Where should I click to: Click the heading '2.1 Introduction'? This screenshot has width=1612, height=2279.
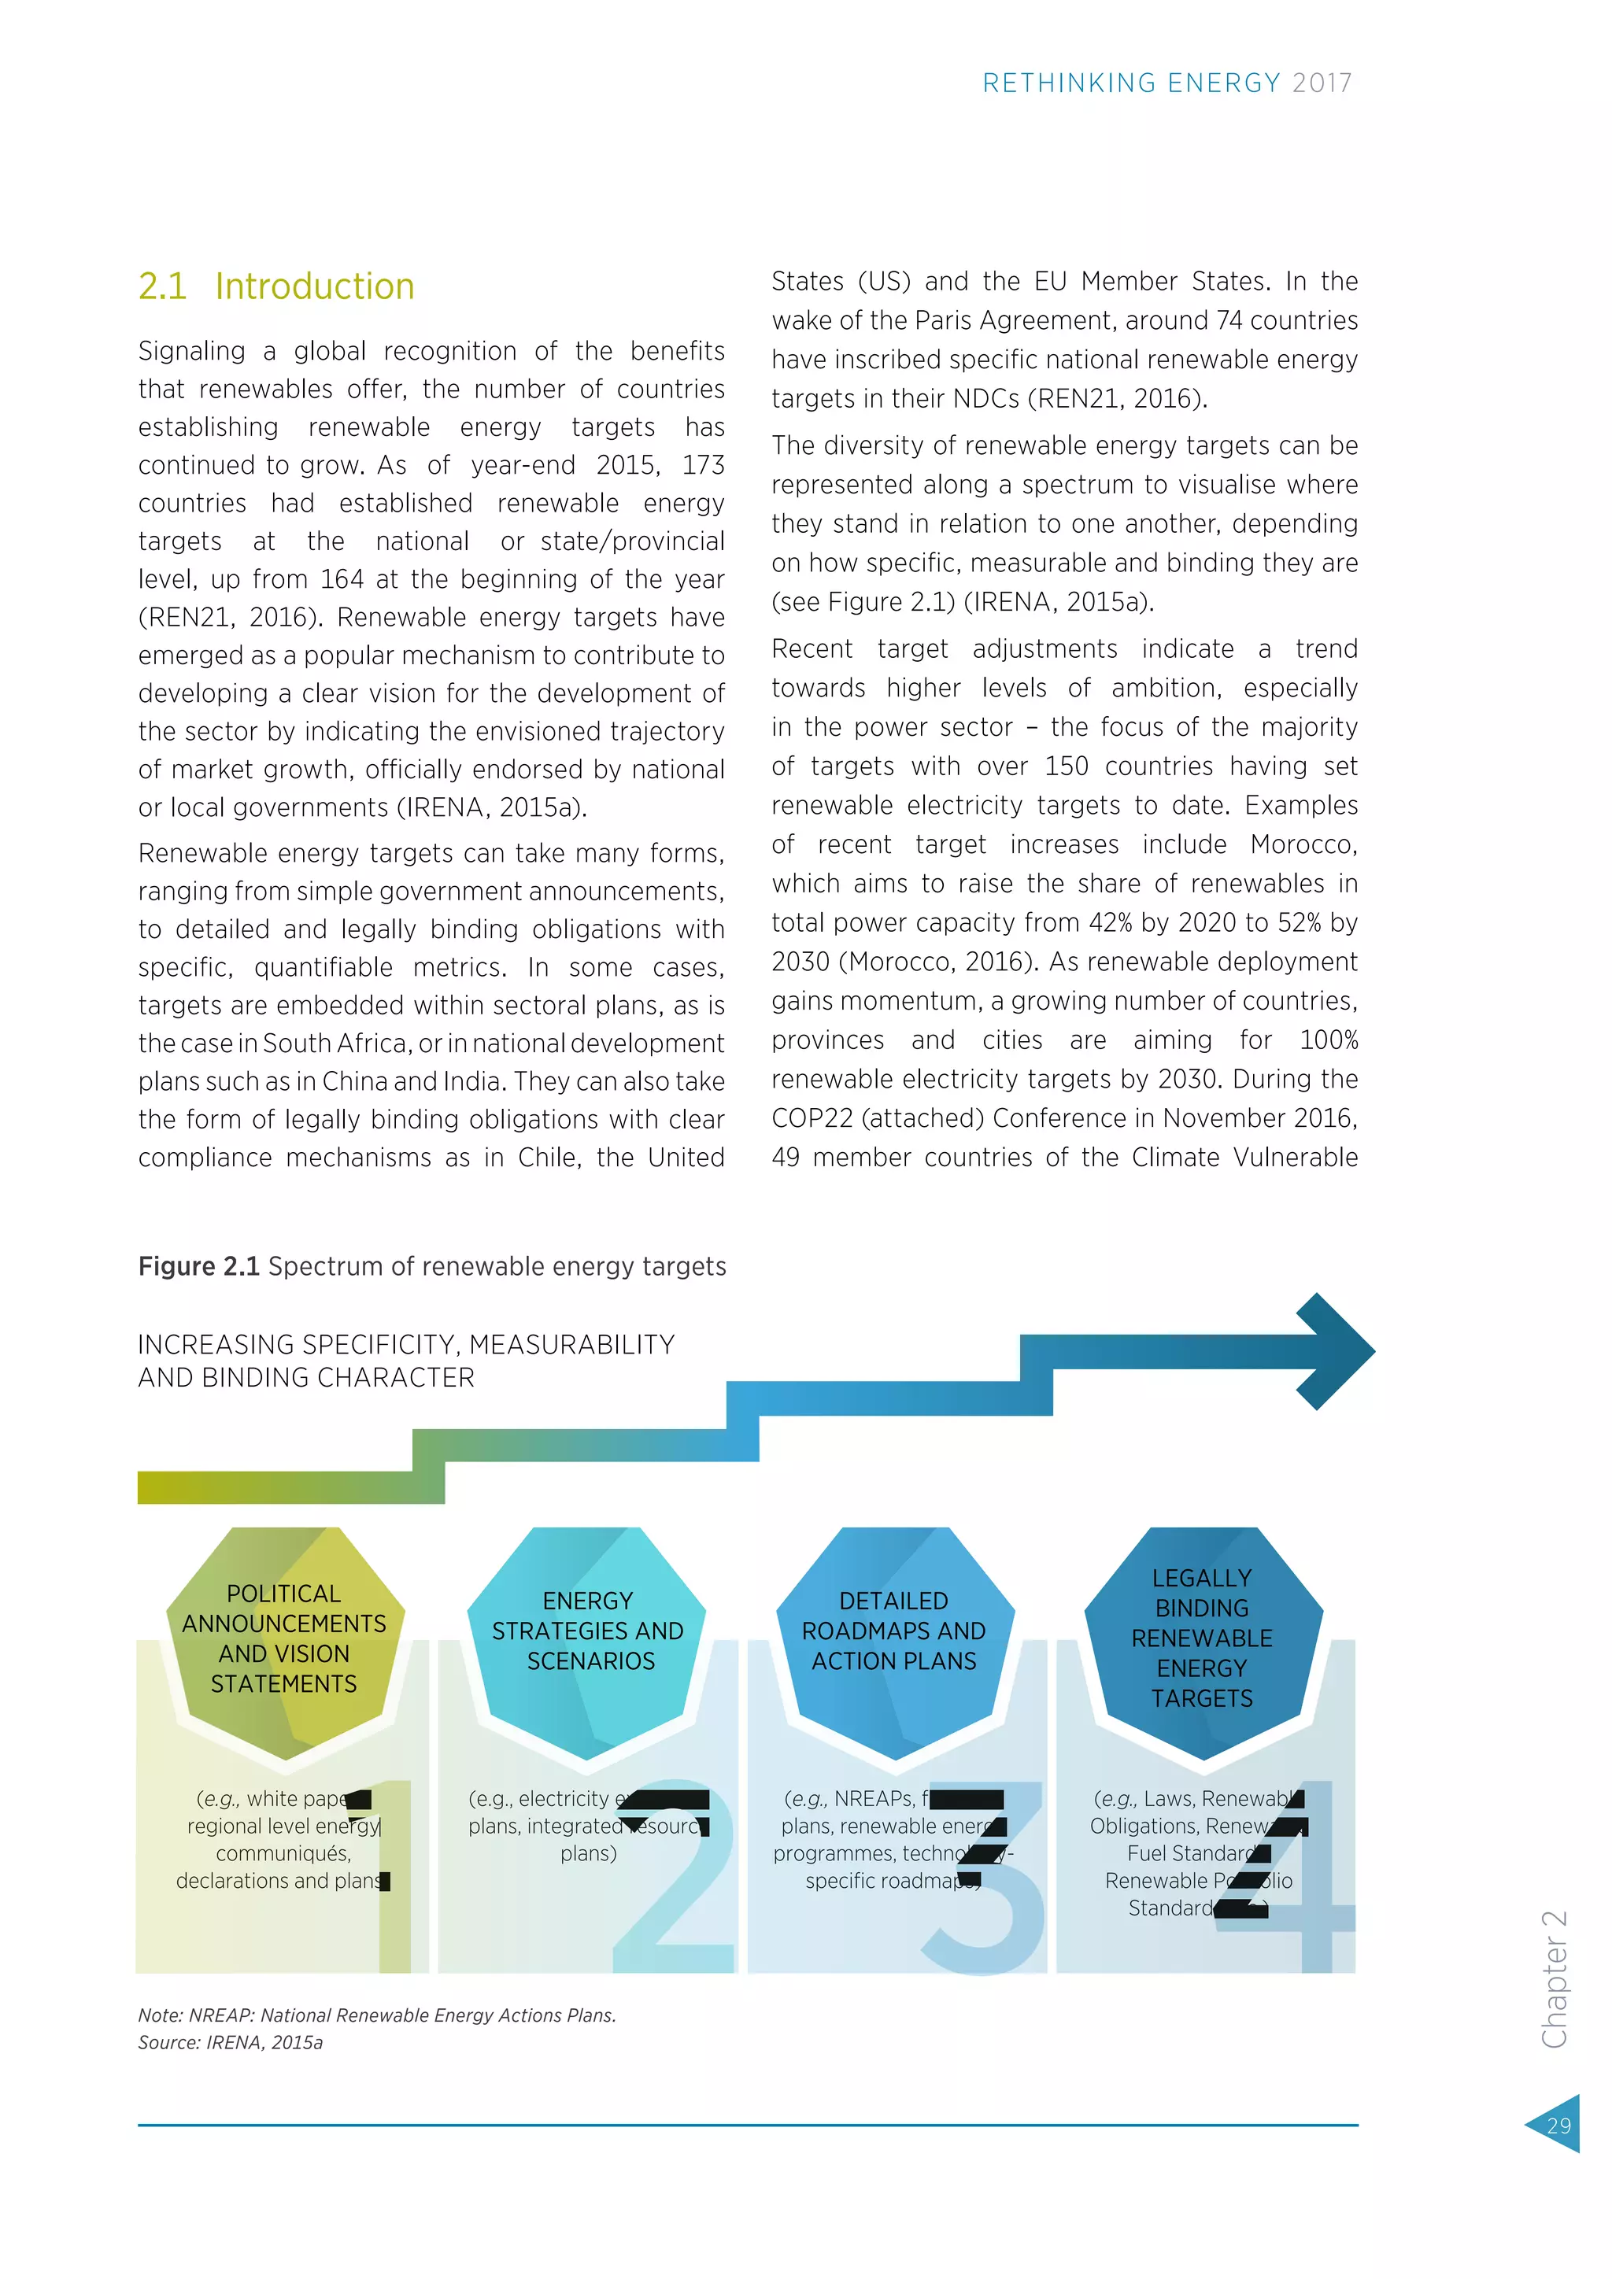pyautogui.click(x=276, y=287)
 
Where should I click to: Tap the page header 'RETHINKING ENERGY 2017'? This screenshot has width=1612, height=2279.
pyautogui.click(x=1166, y=83)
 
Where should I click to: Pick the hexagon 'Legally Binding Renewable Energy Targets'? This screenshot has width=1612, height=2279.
pyautogui.click(x=1202, y=1638)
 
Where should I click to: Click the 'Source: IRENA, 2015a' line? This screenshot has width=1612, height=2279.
pyautogui.click(x=231, y=2043)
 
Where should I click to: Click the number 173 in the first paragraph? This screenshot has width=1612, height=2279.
pyautogui.click(x=703, y=466)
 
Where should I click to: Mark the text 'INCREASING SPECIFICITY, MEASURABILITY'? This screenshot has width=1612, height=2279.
pyautogui.click(x=406, y=1345)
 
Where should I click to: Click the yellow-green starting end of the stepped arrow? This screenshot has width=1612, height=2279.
pyautogui.click(x=159, y=1487)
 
